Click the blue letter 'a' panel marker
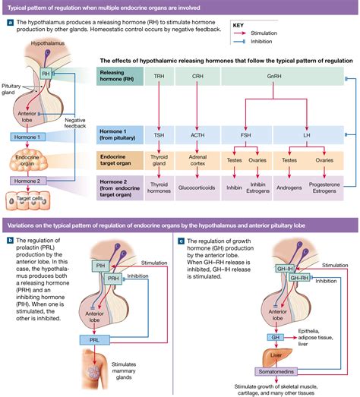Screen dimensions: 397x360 click(x=10, y=22)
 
